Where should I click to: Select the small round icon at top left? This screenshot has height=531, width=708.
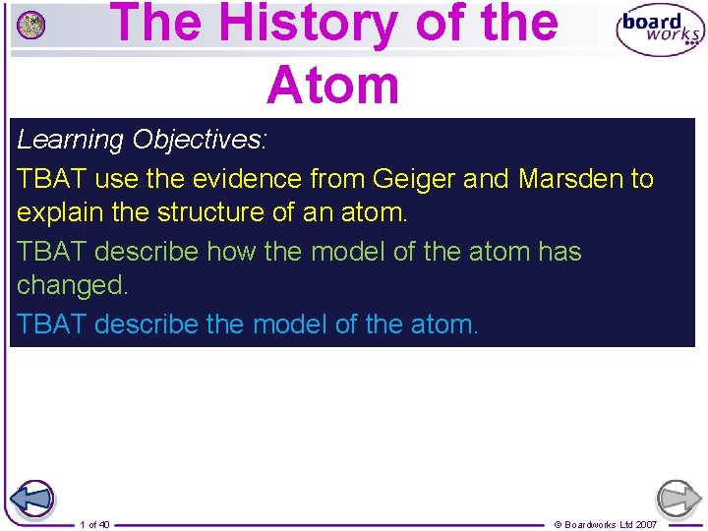point(31,26)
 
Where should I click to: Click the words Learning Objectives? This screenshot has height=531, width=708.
point(141,140)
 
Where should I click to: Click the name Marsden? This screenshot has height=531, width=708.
point(570,178)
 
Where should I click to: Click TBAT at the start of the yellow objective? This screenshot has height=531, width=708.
point(51,178)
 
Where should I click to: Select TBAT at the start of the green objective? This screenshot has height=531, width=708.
point(51,252)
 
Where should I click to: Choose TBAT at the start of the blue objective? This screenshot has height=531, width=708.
point(51,324)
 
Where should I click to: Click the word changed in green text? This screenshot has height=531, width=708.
point(72,286)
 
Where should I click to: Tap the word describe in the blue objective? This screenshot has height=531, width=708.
point(147,324)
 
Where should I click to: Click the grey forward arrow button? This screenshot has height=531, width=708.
point(678,499)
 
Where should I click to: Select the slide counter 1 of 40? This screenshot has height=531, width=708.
point(94,524)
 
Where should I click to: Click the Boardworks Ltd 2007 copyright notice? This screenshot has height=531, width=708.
point(606,524)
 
